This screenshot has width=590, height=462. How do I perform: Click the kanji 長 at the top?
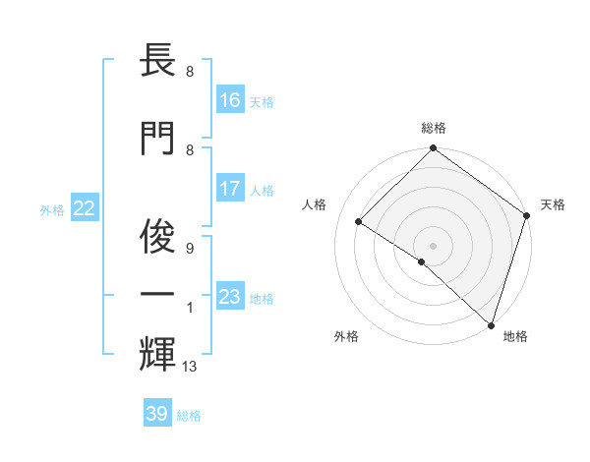(157, 64)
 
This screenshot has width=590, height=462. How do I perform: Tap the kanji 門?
(157, 137)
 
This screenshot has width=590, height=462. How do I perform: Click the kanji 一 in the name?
(157, 294)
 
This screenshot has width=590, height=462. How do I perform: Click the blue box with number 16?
(230, 100)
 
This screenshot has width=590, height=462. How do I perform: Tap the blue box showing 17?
(230, 189)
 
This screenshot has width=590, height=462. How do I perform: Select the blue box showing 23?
(230, 297)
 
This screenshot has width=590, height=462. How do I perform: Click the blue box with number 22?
(85, 208)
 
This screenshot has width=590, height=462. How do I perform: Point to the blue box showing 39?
(157, 414)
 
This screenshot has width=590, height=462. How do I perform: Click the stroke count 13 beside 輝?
(191, 367)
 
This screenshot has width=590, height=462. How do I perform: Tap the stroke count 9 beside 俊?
(189, 248)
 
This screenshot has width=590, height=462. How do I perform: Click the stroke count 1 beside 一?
(189, 309)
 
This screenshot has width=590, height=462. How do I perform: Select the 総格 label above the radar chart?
(433, 129)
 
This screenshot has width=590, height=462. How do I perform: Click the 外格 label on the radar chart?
(346, 336)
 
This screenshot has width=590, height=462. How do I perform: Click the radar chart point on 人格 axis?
(359, 222)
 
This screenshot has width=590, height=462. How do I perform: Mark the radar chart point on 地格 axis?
(491, 324)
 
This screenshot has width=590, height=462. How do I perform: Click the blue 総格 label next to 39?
(189, 416)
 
